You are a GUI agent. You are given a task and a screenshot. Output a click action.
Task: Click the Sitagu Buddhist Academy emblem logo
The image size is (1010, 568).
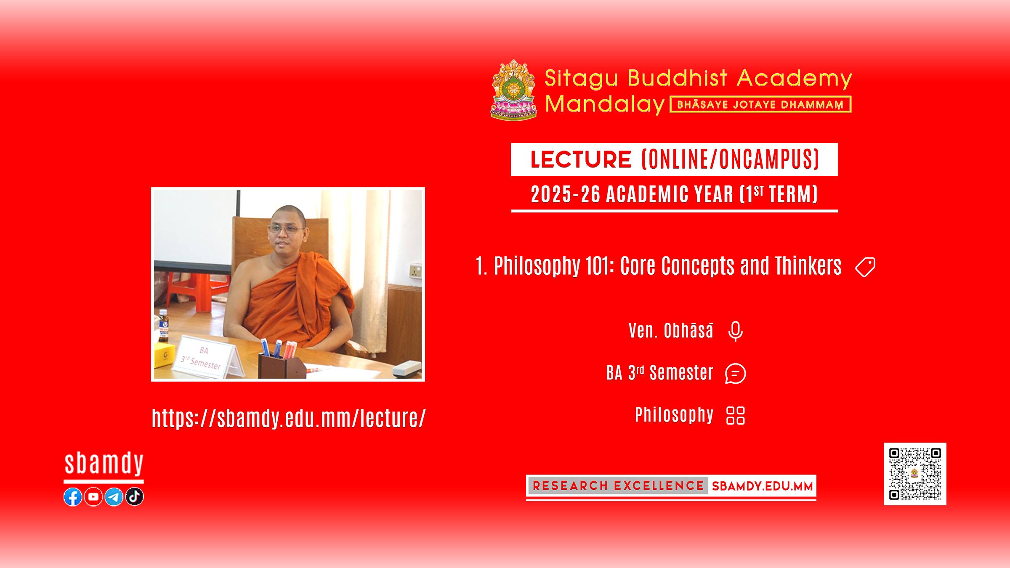(514, 90)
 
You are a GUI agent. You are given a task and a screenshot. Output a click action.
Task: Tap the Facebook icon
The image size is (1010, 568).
(73, 497)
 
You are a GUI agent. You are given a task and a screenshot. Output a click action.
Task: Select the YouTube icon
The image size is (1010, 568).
(93, 497)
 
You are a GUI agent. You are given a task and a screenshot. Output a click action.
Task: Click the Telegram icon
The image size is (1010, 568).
(114, 497)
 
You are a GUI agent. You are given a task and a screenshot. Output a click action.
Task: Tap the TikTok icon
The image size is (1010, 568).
(134, 497)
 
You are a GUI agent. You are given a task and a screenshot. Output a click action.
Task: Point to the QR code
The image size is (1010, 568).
(915, 474)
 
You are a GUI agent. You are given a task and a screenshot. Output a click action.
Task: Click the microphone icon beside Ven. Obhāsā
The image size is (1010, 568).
(735, 331)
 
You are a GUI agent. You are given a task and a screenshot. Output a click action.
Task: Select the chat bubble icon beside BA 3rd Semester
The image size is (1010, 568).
(735, 374)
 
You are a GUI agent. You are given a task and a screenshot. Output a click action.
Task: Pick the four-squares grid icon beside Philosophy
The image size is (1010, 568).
(736, 416)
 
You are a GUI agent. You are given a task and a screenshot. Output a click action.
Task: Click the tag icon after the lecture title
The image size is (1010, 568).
(865, 267)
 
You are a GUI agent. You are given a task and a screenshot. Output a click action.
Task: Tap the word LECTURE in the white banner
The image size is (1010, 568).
(581, 159)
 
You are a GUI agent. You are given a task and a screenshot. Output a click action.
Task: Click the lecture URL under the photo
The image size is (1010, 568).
(289, 418)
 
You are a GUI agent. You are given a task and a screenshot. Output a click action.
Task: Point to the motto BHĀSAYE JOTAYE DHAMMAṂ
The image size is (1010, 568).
(760, 105)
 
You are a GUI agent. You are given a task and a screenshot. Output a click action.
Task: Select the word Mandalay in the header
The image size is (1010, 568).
(604, 104)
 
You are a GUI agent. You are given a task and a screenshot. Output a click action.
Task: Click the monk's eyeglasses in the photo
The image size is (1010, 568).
(286, 229)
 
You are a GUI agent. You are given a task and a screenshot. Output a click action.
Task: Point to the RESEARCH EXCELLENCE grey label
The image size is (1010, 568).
(618, 486)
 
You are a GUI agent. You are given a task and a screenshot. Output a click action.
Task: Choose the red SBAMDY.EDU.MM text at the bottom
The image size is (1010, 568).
(762, 486)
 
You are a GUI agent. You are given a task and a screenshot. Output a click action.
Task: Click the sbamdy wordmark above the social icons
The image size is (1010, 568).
(104, 464)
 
